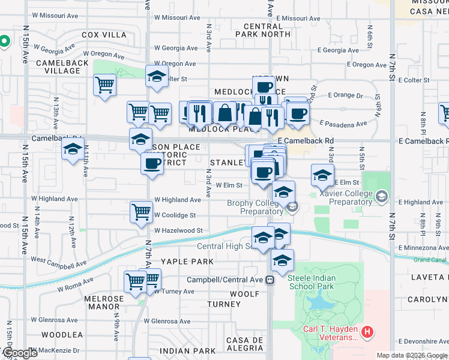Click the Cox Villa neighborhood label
click(x=104, y=35)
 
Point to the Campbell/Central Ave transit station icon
click(x=271, y=279)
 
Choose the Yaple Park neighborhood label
click(x=187, y=262)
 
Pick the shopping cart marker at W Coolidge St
click(x=141, y=211)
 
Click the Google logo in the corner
click(x=19, y=353)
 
